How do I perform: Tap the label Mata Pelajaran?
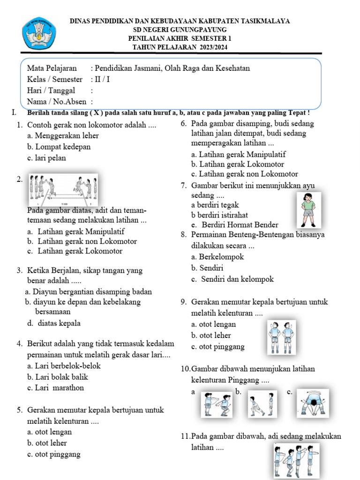click(52, 68)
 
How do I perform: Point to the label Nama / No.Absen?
click(57, 101)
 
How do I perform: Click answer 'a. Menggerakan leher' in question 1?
click(63, 135)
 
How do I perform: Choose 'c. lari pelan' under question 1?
click(47, 158)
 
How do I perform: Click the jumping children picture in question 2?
click(63, 189)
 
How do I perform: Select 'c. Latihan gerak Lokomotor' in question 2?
click(75, 251)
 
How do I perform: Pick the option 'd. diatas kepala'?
click(54, 323)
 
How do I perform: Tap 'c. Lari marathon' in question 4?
click(56, 388)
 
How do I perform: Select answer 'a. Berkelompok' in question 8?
click(217, 257)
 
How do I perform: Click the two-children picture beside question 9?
click(282, 337)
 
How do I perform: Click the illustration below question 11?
click(296, 460)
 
